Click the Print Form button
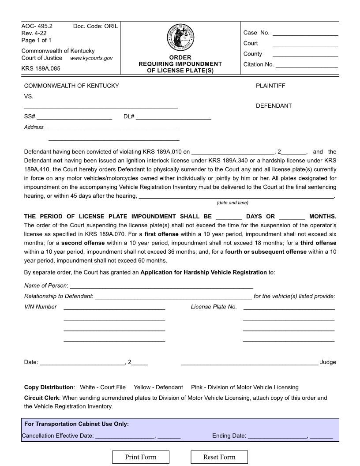click(141, 457)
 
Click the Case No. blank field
click(305, 33)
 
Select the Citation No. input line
click(307, 64)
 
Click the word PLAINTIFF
click(270, 86)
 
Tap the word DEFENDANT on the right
click(274, 106)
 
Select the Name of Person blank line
click(161, 286)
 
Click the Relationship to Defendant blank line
click(173, 296)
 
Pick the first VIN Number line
click(114, 307)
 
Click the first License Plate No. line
click(289, 307)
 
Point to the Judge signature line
click(249, 362)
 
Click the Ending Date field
click(277, 436)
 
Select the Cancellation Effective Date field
click(125, 436)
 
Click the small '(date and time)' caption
click(232, 203)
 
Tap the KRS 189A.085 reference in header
click(41, 68)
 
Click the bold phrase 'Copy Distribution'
click(49, 387)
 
